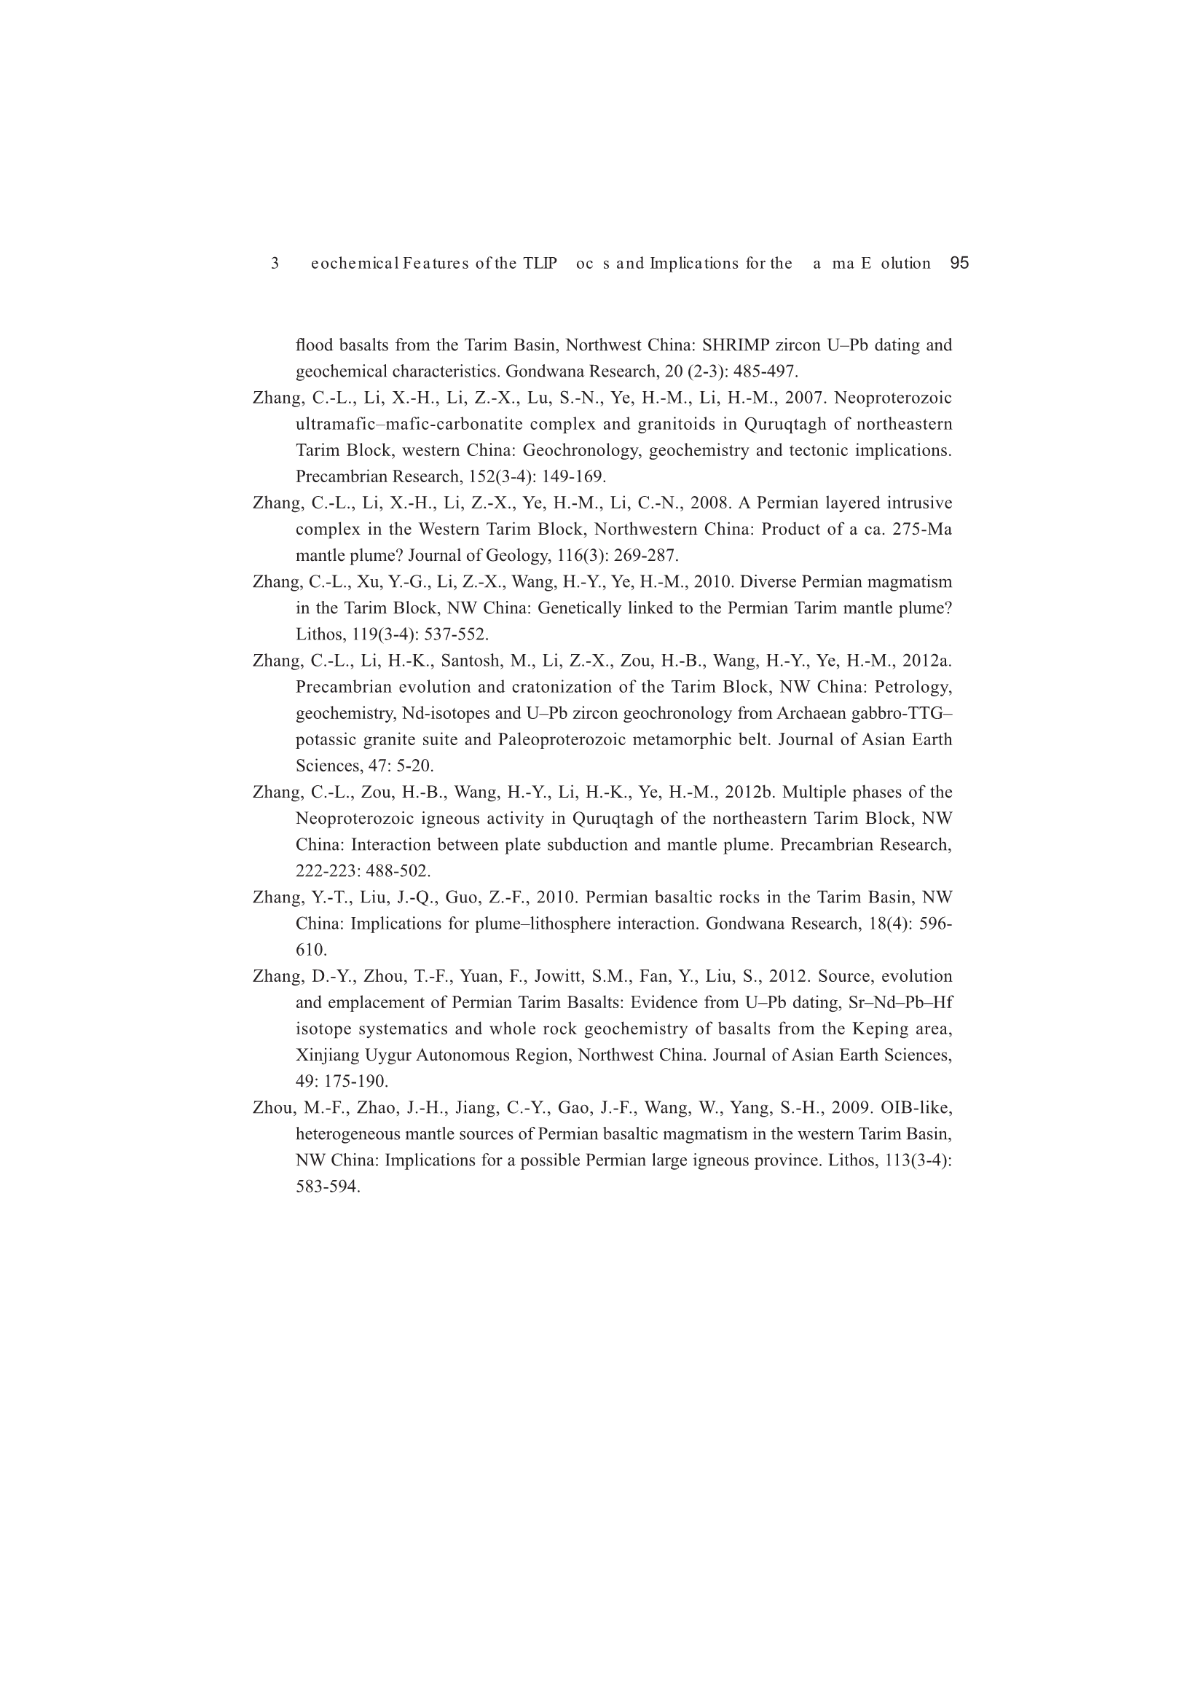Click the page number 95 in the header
959,263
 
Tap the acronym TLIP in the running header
540,263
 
